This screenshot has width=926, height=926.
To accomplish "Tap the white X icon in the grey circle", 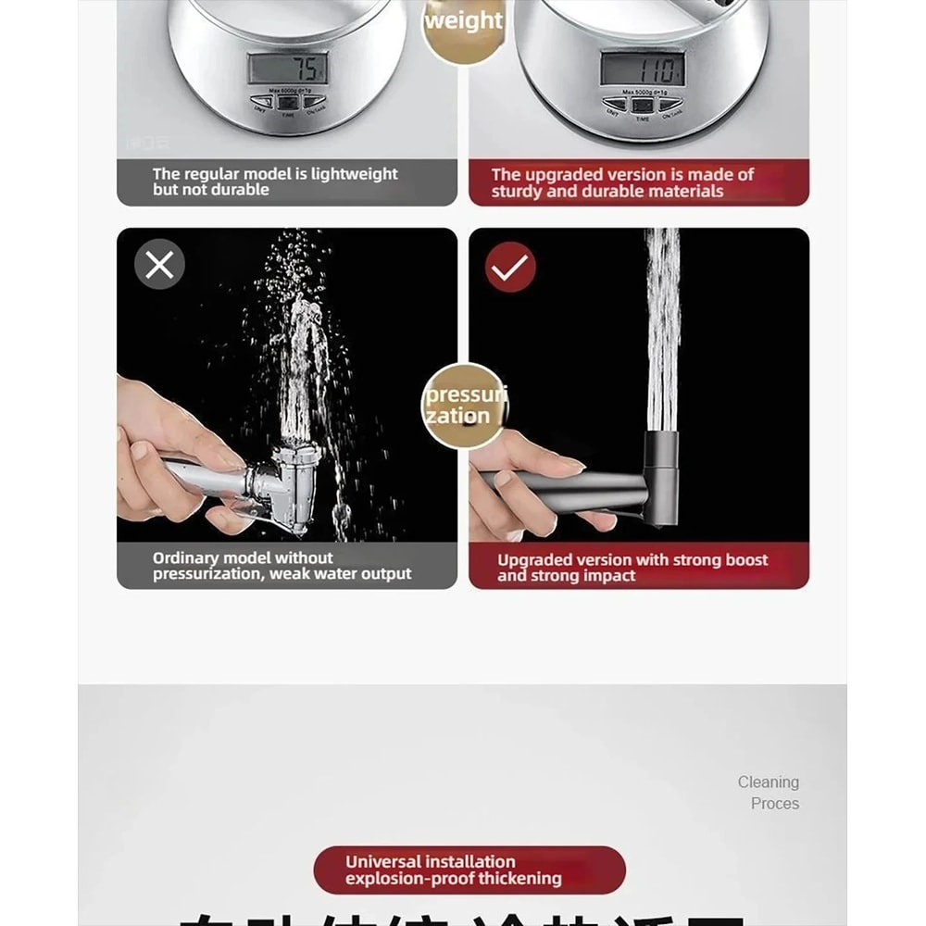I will [159, 266].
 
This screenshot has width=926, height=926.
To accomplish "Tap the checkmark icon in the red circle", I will [510, 267].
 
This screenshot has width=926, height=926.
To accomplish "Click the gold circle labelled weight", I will [463, 21].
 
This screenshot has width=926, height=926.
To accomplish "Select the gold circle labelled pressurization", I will [464, 406].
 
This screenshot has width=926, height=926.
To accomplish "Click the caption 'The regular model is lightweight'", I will [275, 174].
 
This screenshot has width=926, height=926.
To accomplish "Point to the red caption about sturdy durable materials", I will [622, 182].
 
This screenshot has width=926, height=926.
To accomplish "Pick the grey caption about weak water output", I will [282, 566].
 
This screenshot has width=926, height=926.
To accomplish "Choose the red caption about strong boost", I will [632, 567].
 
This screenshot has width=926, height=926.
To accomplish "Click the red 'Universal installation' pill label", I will [469, 870].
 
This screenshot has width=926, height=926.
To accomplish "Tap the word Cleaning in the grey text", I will [768, 782].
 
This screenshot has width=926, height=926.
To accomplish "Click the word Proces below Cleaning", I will [774, 804].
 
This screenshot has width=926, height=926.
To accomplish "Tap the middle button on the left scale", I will [287, 102].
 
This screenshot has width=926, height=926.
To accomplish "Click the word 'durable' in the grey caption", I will [239, 190].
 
